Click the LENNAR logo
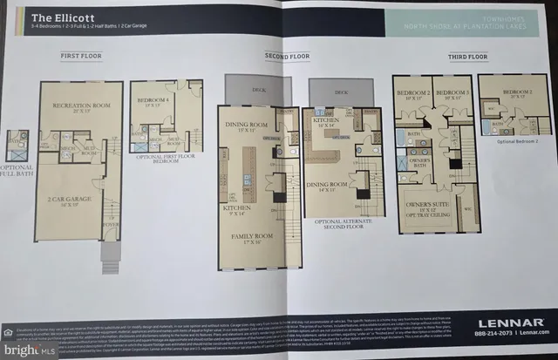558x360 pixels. point(506,317)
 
